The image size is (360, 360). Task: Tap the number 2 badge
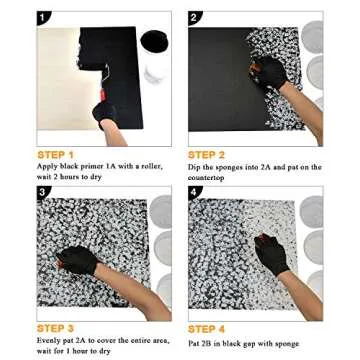click(x=195, y=17)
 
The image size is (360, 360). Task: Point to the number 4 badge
click(x=195, y=192)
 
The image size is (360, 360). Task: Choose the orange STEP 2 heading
click(x=207, y=155)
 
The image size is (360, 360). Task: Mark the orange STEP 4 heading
click(x=207, y=328)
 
